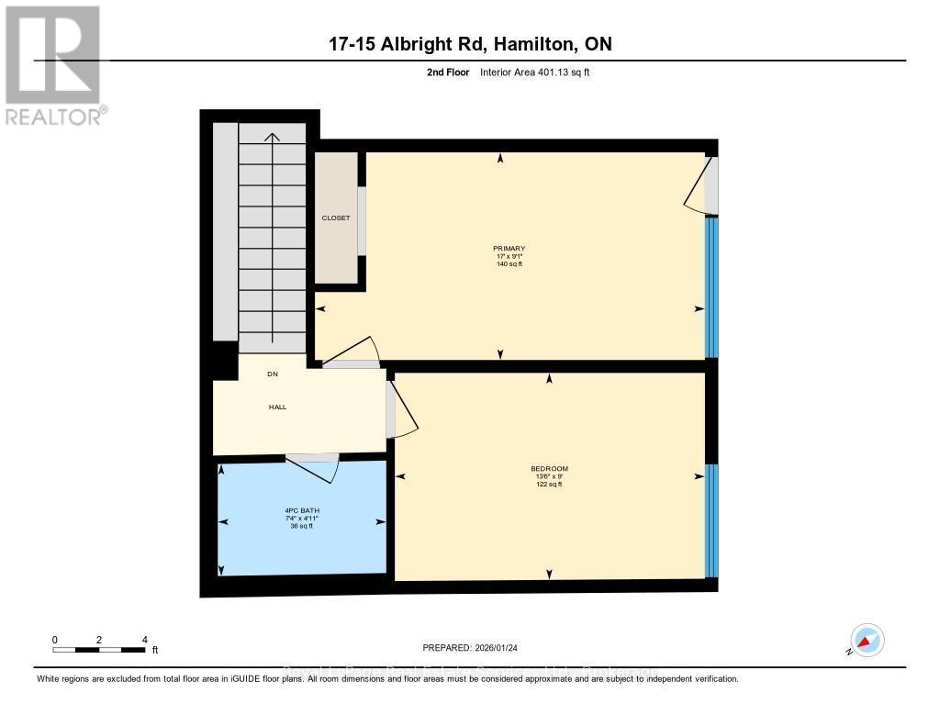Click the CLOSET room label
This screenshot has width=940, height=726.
tap(335, 218)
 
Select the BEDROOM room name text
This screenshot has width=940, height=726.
tap(549, 468)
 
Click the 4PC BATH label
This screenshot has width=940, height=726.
tap(302, 510)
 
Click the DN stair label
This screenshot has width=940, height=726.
tap(272, 374)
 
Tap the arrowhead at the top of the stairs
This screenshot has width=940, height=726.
tap(272, 137)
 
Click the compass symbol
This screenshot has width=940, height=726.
tap(867, 640)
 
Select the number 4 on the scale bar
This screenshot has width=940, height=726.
tap(144, 640)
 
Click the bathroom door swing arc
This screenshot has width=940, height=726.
tap(317, 471)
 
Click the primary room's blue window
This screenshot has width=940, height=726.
tap(710, 286)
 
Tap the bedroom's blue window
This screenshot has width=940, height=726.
tap(710, 519)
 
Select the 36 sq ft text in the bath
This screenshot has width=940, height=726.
tap(302, 527)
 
